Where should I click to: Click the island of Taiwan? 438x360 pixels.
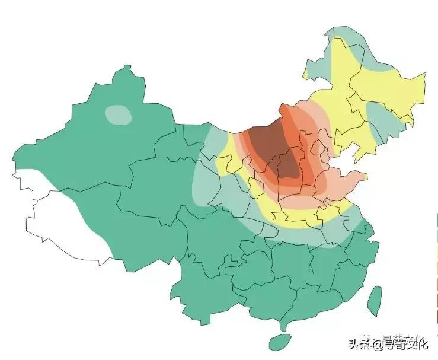374,300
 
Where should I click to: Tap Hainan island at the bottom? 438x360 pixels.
280,342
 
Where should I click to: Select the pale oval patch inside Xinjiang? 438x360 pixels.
119,114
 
